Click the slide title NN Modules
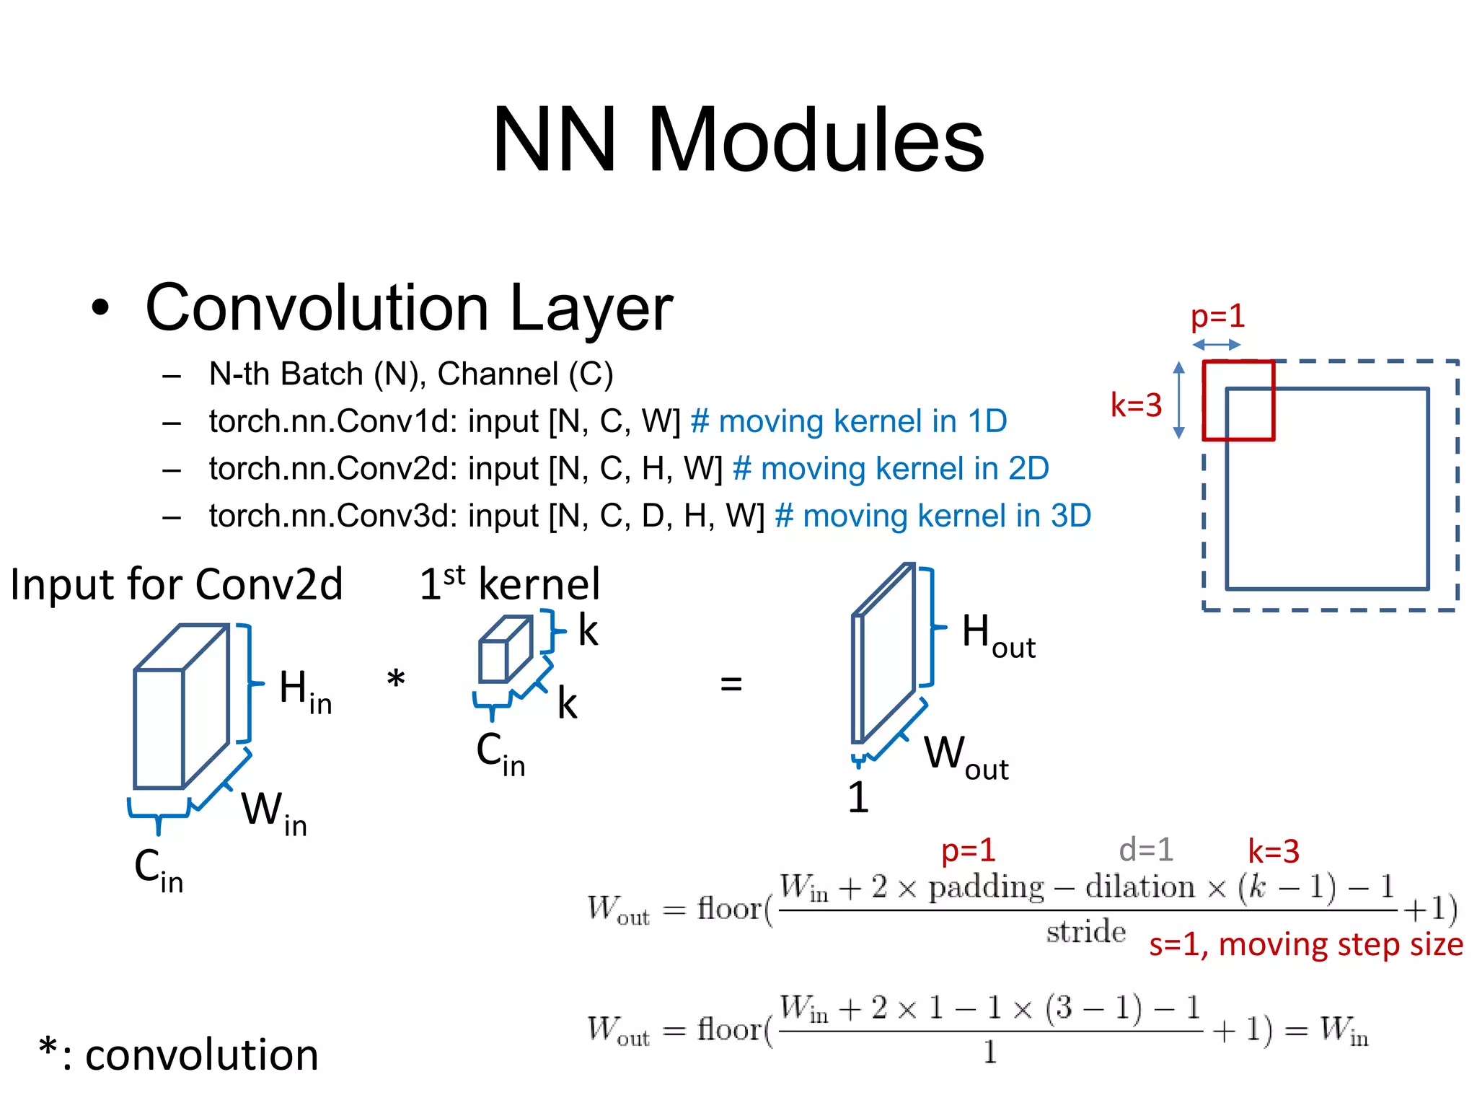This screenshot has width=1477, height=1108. click(x=738, y=140)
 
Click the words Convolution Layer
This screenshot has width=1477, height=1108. click(x=409, y=308)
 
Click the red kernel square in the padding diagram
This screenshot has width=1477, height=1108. click(x=1238, y=400)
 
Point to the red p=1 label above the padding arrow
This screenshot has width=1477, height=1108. click(x=1217, y=317)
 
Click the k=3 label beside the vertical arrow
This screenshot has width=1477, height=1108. click(x=1136, y=405)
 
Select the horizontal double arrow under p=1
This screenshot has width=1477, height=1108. click(x=1216, y=345)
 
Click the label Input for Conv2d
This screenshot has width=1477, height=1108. click(x=176, y=584)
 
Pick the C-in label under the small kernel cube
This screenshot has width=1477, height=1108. click(x=501, y=753)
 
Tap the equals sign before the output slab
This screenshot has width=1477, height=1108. click(x=731, y=684)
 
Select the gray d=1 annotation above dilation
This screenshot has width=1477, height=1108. click(x=1145, y=850)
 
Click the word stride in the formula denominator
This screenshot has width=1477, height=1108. click(x=1085, y=932)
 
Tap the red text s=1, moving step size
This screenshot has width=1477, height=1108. click(x=1305, y=945)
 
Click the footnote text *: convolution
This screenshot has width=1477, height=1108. click(x=178, y=1054)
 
